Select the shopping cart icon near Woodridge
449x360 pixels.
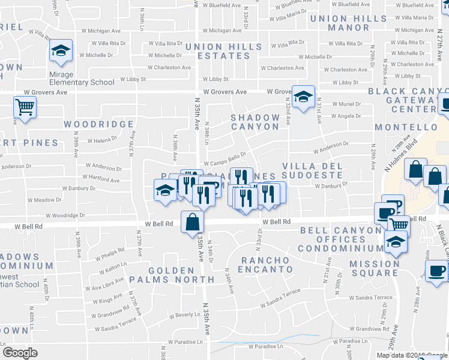point(25,108)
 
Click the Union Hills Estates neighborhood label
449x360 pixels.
point(224,51)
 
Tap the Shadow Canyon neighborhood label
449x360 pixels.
point(256,122)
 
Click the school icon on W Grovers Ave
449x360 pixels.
point(304,97)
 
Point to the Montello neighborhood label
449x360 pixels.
point(406,128)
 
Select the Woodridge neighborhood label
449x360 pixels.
point(99,124)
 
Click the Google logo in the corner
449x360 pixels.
point(20,353)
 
